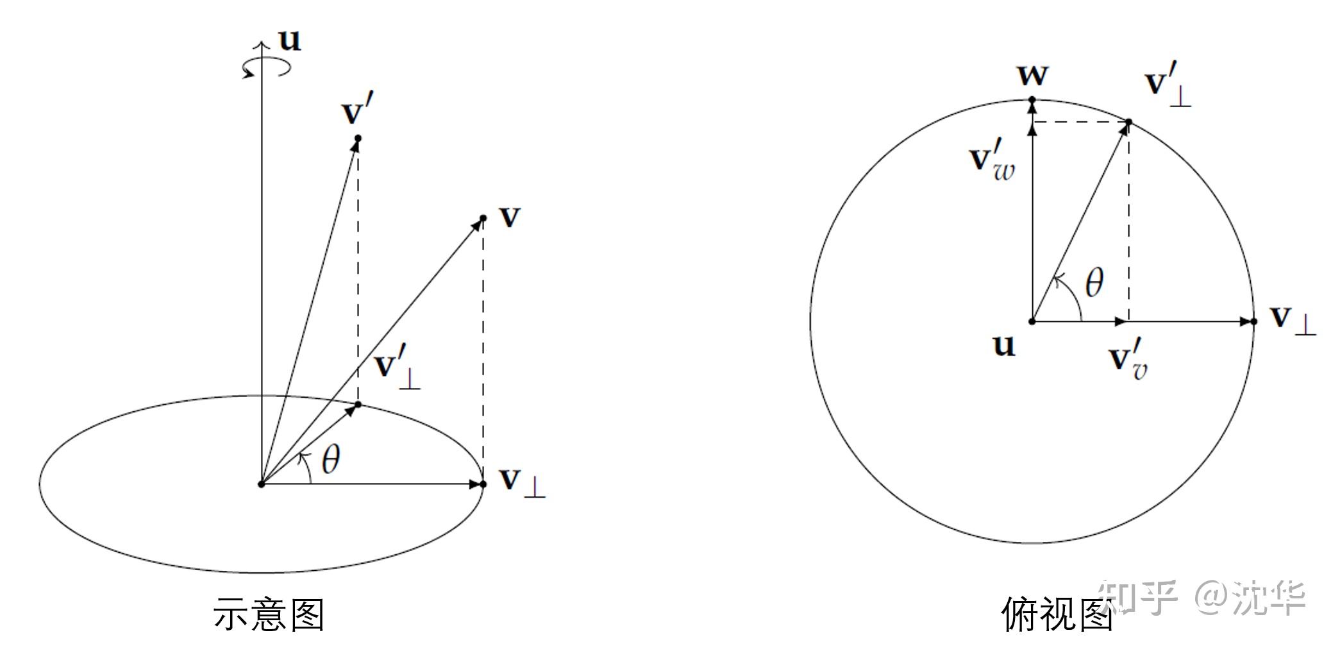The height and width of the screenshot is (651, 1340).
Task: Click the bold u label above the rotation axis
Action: click(x=290, y=40)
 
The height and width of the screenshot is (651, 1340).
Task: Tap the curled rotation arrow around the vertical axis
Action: click(x=266, y=67)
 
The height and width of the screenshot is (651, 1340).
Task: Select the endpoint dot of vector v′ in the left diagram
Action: click(x=358, y=139)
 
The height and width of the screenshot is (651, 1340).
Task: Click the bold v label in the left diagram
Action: click(x=510, y=217)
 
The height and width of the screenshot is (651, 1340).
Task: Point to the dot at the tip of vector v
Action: click(x=483, y=219)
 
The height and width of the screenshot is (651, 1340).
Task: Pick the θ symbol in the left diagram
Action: click(x=330, y=459)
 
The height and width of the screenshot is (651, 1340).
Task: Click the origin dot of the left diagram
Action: click(x=261, y=484)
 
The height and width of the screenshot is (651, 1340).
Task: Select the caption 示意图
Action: click(x=269, y=614)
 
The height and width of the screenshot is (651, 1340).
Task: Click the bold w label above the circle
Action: click(x=1033, y=76)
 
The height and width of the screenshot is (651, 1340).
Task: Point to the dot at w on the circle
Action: click(x=1032, y=100)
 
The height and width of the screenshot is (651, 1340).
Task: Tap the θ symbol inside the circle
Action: click(x=1094, y=283)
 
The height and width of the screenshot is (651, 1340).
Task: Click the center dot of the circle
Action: click(x=1032, y=321)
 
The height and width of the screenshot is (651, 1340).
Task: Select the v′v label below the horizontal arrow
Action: click(x=1129, y=359)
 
